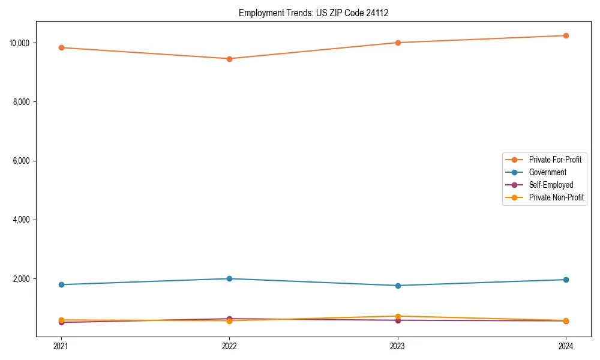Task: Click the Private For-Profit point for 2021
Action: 61,47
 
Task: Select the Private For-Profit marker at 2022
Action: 229,59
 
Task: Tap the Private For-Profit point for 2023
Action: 398,43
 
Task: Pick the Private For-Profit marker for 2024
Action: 566,35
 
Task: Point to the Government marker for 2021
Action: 61,284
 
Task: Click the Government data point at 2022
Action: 229,278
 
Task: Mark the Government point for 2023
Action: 398,286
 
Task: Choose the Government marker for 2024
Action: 566,280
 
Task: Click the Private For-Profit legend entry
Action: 554,160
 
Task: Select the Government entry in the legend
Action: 547,172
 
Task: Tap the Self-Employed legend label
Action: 551,185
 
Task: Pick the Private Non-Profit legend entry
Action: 556,197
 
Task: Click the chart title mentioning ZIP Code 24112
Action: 313,13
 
